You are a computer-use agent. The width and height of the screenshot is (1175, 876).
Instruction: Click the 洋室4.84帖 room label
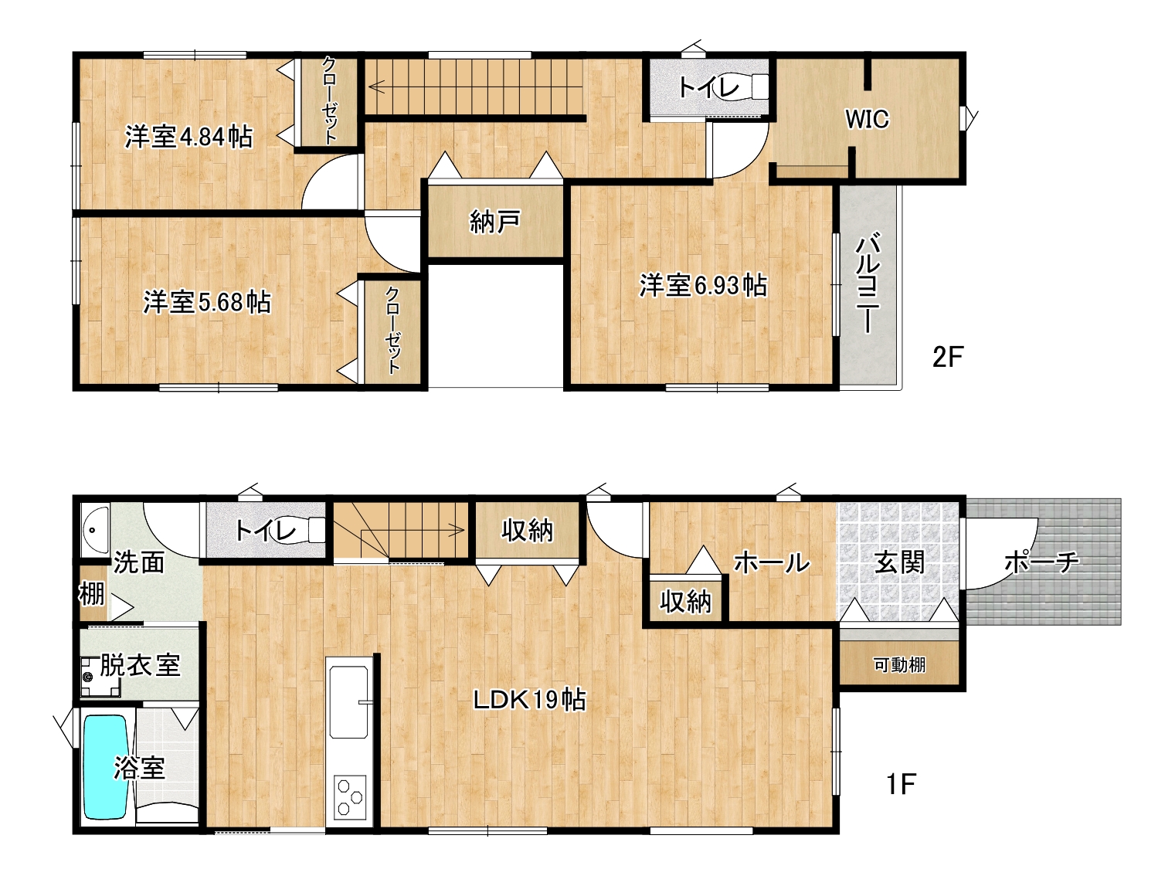189,137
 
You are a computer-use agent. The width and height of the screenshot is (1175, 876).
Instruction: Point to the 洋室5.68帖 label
206,302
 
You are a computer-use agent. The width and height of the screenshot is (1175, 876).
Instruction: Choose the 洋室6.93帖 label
704,286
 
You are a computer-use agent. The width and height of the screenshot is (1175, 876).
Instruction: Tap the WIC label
868,119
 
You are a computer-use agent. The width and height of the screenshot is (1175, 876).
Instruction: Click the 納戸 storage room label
495,222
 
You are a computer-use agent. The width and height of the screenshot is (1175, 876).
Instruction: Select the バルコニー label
868,283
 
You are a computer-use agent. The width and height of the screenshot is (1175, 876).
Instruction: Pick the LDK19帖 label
530,700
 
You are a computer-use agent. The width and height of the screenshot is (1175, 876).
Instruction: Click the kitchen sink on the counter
348,702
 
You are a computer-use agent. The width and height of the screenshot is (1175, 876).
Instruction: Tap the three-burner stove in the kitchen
350,796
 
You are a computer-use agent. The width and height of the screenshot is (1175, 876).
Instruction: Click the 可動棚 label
900,665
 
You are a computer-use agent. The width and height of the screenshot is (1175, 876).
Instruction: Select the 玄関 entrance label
900,563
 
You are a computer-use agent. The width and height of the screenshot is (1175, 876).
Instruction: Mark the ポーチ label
1041,562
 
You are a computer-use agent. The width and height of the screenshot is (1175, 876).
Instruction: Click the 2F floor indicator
948,357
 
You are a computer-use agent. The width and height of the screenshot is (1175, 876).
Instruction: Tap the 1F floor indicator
902,785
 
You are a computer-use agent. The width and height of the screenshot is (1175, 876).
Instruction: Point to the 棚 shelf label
91,594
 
